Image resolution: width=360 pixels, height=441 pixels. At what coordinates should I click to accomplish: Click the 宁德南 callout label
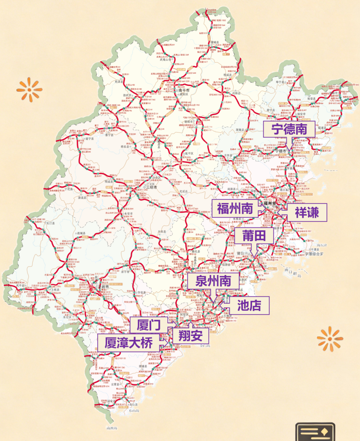(x=289, y=129)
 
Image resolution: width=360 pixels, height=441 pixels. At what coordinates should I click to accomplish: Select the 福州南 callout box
(x=235, y=208)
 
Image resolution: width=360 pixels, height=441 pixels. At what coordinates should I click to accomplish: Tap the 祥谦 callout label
(x=307, y=212)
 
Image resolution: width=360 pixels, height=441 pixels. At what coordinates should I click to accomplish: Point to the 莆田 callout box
(x=254, y=236)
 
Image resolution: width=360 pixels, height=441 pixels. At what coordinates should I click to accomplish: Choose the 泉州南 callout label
(x=213, y=281)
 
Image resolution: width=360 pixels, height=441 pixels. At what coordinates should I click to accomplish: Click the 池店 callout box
(x=249, y=305)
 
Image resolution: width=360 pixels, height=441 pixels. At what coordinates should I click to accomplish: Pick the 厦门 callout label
(x=149, y=325)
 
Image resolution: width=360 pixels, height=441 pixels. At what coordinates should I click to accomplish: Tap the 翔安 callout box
(x=190, y=336)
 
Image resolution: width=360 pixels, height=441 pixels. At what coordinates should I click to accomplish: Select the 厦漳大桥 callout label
(x=128, y=343)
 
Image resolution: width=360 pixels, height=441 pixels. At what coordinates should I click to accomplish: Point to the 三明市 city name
(x=151, y=187)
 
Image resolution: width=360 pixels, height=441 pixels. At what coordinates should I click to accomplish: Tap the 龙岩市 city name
(x=103, y=287)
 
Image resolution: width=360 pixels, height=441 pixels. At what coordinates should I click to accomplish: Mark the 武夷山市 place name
(x=165, y=60)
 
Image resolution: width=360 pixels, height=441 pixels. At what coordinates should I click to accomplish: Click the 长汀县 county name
(x=50, y=223)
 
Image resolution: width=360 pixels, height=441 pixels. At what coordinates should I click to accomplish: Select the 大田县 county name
(x=162, y=231)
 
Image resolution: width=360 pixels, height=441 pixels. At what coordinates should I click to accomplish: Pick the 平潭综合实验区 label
(x=314, y=254)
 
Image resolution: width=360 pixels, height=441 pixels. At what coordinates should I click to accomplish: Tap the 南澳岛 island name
(x=112, y=428)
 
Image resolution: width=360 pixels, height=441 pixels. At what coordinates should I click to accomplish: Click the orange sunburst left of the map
(x=29, y=89)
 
